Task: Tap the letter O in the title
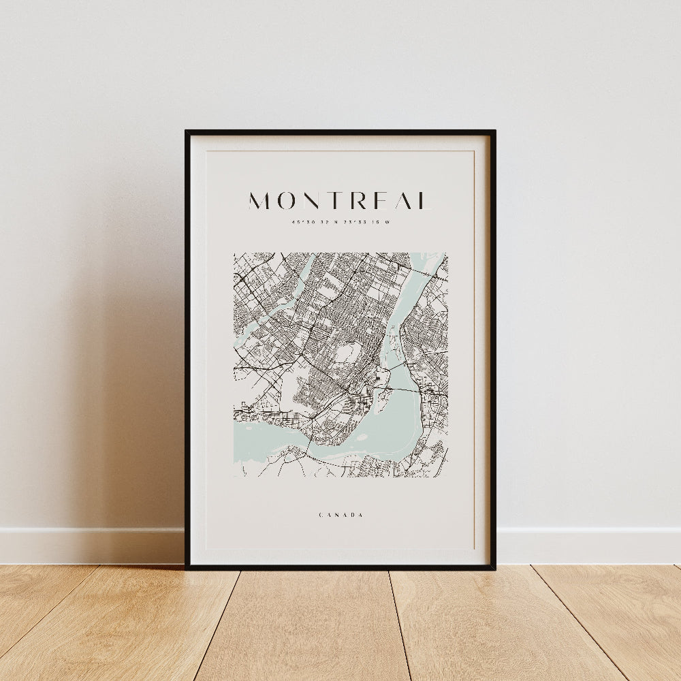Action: tap(288, 201)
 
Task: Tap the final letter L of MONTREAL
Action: tap(424, 201)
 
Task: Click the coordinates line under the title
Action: tap(340, 221)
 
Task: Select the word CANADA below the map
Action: tap(340, 515)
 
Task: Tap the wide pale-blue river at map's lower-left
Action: tap(262, 439)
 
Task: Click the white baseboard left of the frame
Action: tap(92, 545)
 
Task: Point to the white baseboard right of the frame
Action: tap(589, 545)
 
